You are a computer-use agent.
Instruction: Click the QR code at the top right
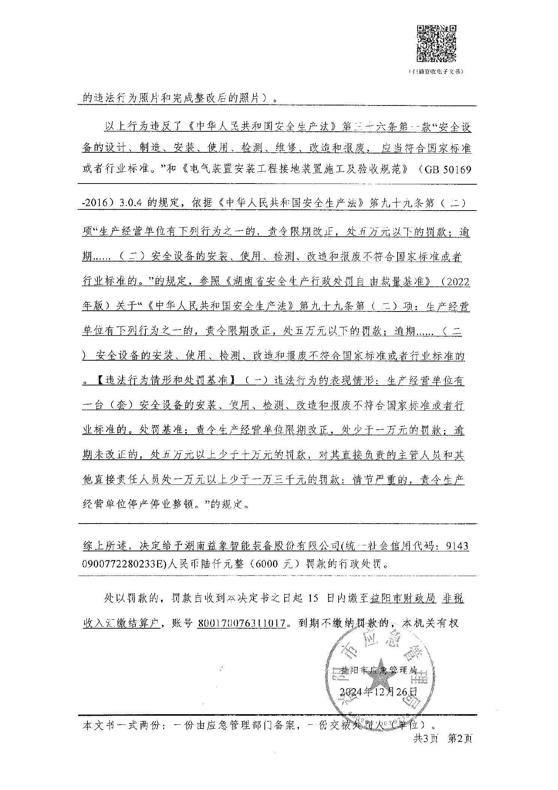pyautogui.click(x=437, y=43)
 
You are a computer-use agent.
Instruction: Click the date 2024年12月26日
pyautogui.click(x=378, y=691)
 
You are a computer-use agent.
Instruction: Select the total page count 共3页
pyautogui.click(x=425, y=739)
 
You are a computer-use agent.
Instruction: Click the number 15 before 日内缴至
pyautogui.click(x=313, y=599)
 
